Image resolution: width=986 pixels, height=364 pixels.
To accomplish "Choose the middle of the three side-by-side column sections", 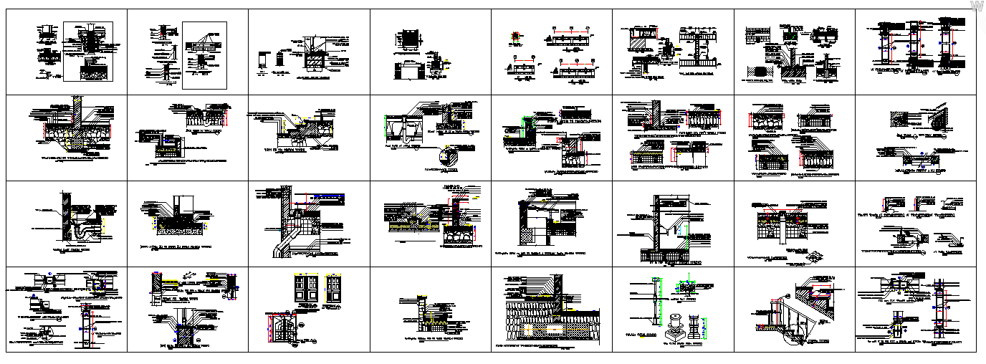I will coord(916,43).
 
